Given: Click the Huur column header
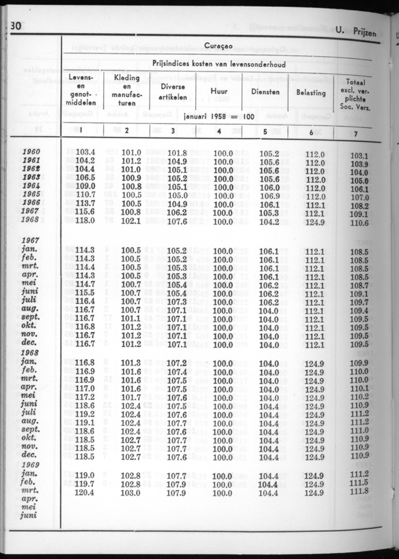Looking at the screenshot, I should (x=219, y=92).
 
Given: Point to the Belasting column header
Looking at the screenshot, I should (x=311, y=92).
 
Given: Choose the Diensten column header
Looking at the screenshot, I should (x=265, y=92).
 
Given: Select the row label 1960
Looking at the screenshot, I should (x=31, y=152).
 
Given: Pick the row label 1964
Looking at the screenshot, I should (x=31, y=186).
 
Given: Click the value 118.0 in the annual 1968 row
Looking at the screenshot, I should (x=85, y=221).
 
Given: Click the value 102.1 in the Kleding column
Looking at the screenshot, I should (x=131, y=221).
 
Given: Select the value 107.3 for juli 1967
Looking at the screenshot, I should (x=177, y=302).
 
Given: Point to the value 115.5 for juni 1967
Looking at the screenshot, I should (x=85, y=293).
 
